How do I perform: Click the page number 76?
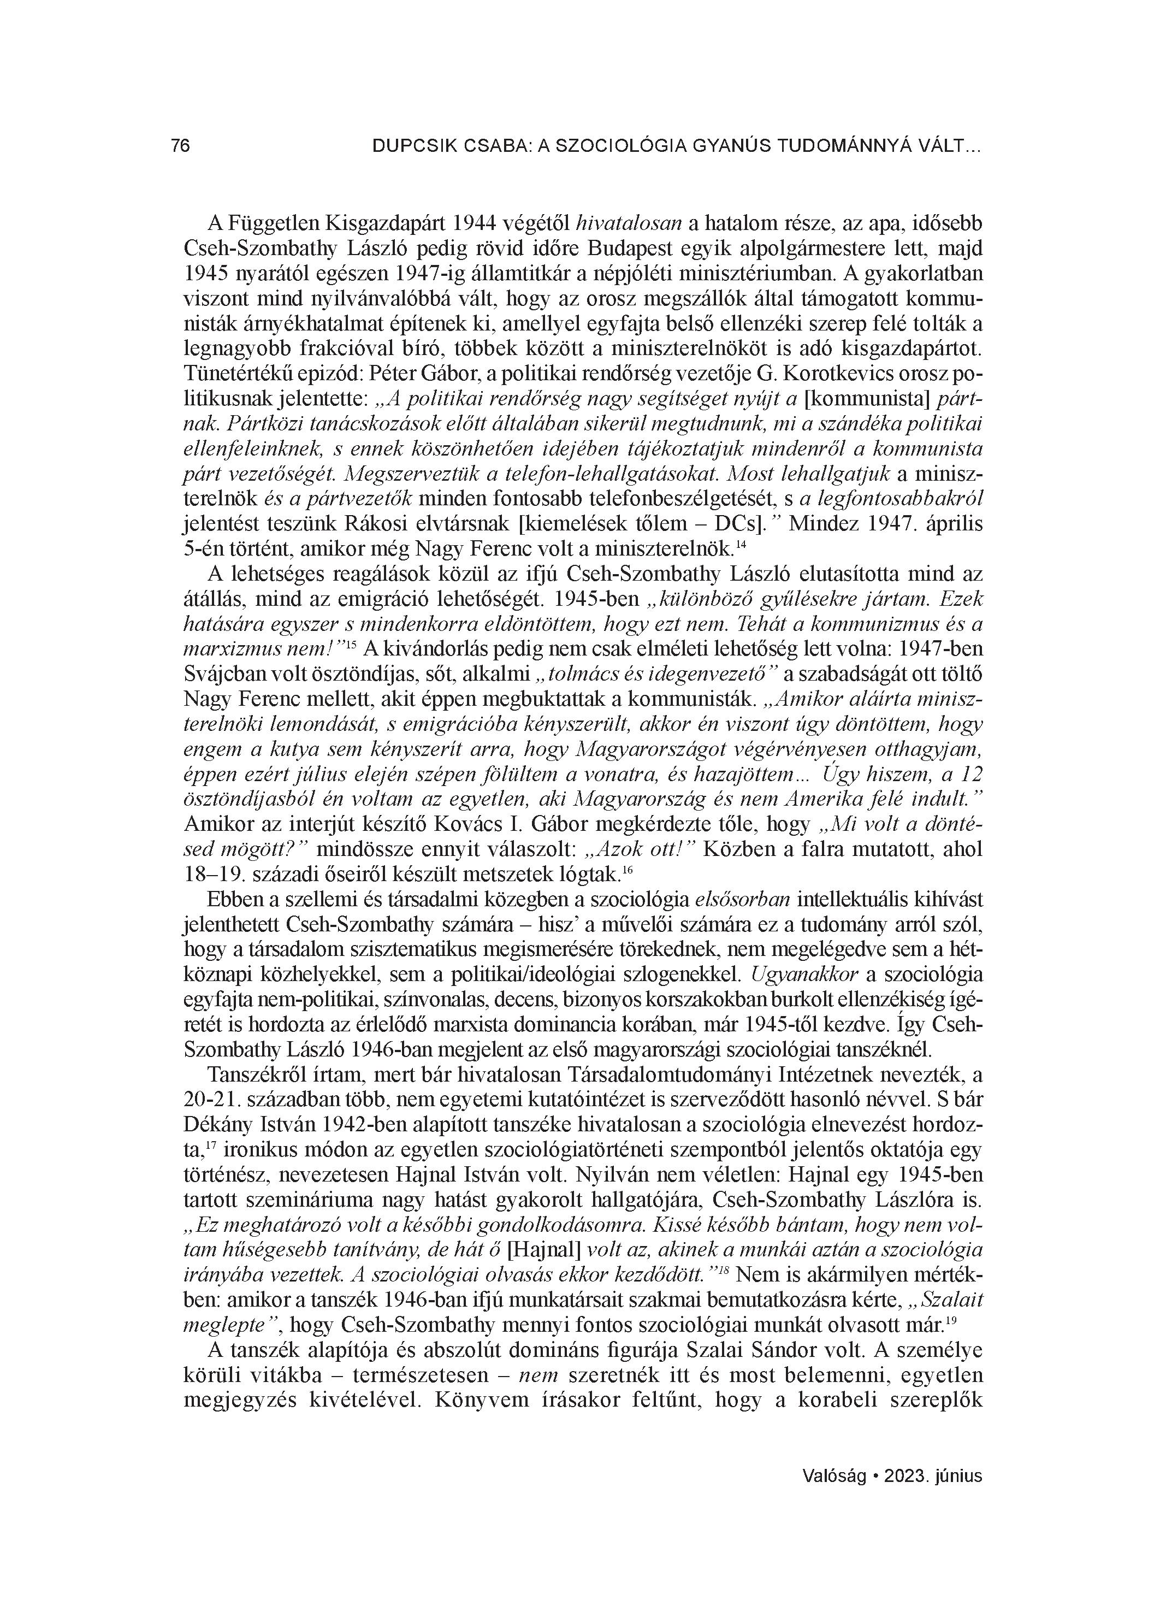(x=181, y=146)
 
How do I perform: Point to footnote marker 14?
(x=741, y=545)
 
